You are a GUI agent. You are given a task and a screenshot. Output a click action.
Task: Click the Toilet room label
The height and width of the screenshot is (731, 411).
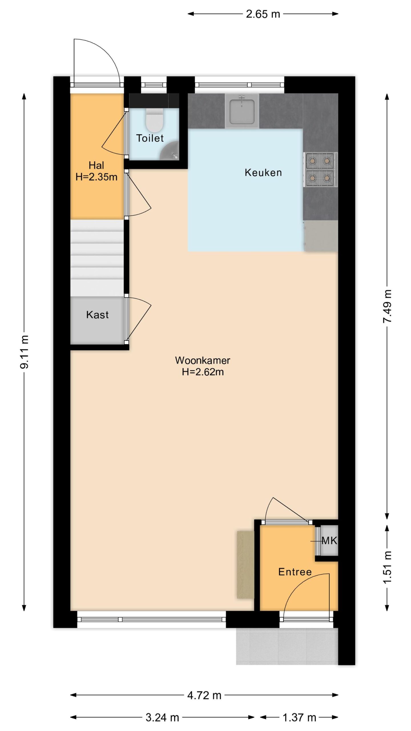tap(150, 138)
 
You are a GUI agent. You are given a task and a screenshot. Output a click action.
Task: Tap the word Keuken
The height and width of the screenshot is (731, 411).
tap(263, 172)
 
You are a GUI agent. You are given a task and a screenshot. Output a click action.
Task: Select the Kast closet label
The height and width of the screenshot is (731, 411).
tap(97, 315)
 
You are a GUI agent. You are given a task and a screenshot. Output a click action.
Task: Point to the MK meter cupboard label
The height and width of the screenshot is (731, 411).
tap(329, 540)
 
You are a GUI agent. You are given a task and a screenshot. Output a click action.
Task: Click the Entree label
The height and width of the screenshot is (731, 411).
tap(295, 572)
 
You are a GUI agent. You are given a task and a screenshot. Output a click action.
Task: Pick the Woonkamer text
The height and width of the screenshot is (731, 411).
tap(203, 360)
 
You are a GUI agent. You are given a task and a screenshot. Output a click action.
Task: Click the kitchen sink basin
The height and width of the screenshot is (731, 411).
tap(242, 111)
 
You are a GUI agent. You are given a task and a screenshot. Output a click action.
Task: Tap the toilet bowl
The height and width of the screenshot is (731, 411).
tap(154, 120)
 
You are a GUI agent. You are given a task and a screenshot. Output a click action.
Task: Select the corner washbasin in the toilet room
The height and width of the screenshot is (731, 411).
tap(170, 150)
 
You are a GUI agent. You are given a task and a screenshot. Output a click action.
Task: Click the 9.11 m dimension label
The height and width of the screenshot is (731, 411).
tap(24, 352)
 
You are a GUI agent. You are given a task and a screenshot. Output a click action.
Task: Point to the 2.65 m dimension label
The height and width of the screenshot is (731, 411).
tap(263, 14)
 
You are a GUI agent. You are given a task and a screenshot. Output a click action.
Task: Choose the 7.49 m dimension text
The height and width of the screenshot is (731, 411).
tap(387, 306)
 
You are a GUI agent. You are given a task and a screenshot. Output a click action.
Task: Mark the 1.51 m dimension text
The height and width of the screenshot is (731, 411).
tap(387, 567)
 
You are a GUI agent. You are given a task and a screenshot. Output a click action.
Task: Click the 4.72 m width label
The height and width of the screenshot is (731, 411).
tap(204, 695)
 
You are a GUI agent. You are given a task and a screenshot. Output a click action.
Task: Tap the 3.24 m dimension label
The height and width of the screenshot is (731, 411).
tap(162, 717)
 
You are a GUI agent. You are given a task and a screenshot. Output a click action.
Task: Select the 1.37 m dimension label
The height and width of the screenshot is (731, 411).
tap(299, 717)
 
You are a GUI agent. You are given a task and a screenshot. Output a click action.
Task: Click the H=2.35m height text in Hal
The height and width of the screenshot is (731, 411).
tap(96, 177)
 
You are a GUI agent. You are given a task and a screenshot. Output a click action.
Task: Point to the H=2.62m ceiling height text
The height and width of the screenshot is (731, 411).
tap(203, 372)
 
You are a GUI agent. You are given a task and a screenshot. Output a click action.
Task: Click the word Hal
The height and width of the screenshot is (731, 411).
tap(96, 165)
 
